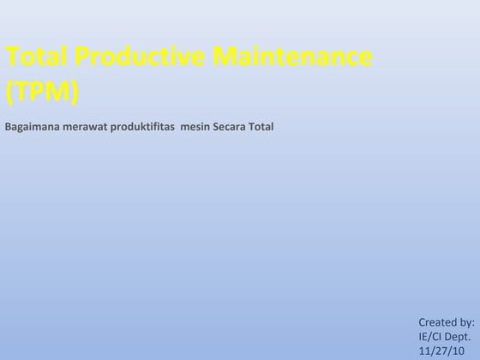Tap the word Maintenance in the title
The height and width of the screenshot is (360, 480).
click(291, 58)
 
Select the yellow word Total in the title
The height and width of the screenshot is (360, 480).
click(35, 58)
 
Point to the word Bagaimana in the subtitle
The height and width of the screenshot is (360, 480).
click(33, 128)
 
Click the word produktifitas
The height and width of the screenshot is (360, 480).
click(143, 128)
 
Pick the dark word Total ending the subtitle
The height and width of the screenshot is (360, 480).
click(261, 128)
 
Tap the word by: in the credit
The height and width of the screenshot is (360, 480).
click(466, 322)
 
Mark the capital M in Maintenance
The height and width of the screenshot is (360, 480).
click(223, 58)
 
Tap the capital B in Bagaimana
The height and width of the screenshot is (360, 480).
click(8, 128)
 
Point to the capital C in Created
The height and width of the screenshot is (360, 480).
click(422, 322)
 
